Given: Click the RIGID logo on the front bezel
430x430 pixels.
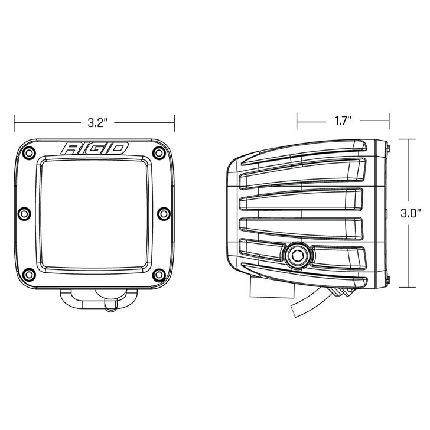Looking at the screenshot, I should (95, 148).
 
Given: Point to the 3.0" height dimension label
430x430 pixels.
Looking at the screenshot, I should (409, 213).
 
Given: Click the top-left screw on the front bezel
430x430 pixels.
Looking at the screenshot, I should (27, 152).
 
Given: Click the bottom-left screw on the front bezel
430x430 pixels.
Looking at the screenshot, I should (28, 275).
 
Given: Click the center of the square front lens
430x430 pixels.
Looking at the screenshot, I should (93, 214).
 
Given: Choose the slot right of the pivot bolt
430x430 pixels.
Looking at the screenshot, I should (337, 255).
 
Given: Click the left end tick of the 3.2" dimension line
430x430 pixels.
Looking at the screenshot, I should (15, 123).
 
